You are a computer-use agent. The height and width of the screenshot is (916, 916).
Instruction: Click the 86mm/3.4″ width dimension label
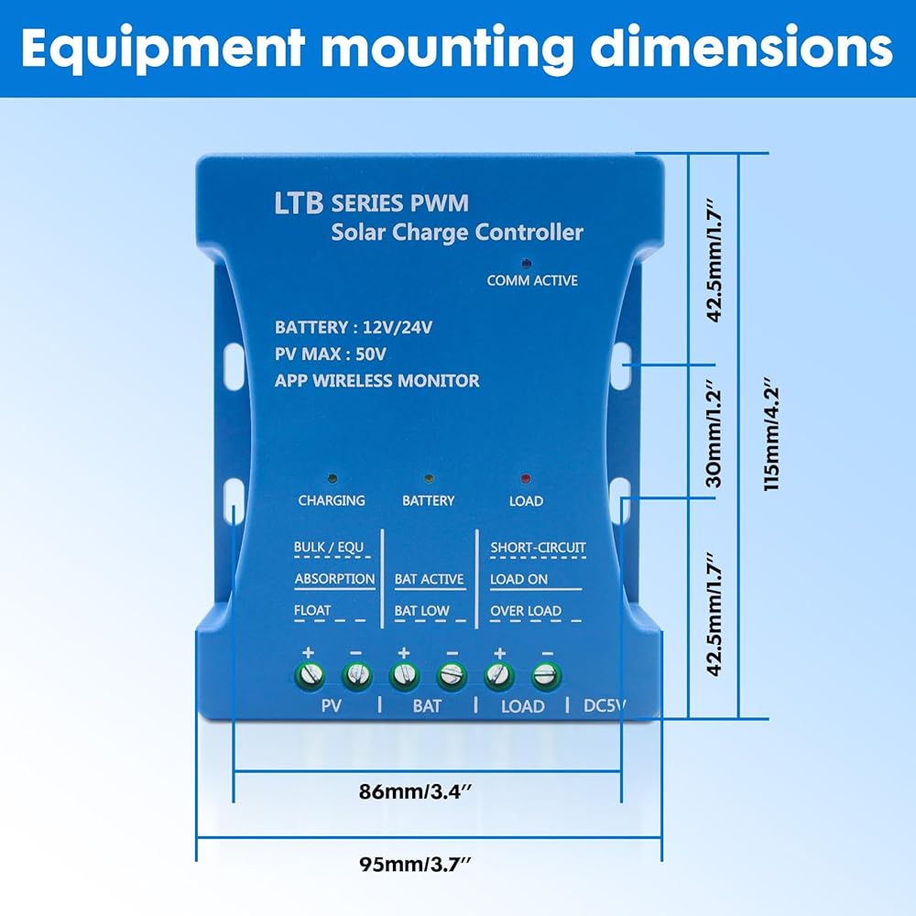point(429,793)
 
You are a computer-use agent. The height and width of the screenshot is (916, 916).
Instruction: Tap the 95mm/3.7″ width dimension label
point(429,864)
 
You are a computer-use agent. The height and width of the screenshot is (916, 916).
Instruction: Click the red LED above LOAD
point(525,478)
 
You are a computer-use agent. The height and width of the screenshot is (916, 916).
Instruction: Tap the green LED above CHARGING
point(332,478)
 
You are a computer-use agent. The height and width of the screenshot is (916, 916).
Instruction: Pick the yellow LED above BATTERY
point(428,478)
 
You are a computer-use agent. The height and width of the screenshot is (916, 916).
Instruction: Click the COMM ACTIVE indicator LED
point(526,263)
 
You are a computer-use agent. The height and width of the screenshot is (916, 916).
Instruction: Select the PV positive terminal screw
point(309,677)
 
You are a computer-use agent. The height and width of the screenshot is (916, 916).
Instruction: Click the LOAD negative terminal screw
point(547,677)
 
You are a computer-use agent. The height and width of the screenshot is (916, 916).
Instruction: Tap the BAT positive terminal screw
point(403,677)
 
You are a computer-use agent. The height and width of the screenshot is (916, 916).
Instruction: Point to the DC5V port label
point(605,706)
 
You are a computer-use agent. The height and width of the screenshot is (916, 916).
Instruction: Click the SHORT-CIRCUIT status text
point(538,548)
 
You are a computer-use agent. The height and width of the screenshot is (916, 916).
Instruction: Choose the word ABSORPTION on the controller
point(334,579)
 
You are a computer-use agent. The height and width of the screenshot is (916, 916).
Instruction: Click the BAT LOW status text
point(421,610)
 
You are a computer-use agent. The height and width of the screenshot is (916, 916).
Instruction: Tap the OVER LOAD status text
point(526,610)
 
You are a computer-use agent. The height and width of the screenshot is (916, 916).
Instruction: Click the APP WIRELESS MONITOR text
point(376,380)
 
